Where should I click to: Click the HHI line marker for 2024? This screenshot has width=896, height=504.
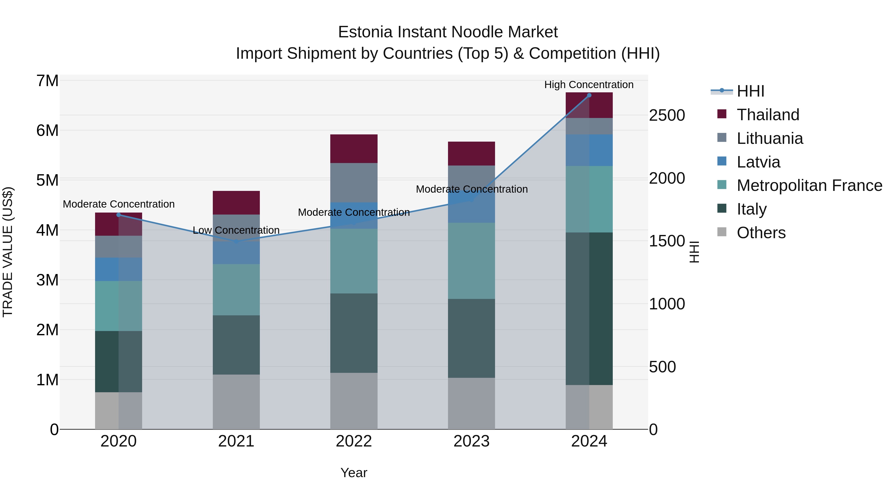tap(589, 95)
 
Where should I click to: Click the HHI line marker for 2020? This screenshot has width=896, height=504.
tap(119, 215)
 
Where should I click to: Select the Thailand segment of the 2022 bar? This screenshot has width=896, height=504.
tap(354, 149)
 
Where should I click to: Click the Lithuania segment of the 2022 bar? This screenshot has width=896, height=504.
tap(354, 183)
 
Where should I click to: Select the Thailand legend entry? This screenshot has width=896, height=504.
tap(768, 115)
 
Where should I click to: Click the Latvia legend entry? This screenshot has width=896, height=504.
tap(758, 162)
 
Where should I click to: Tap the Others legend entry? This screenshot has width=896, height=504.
tap(761, 233)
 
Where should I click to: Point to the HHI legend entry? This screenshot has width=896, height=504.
tap(750, 91)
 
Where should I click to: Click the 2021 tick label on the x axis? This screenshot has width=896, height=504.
tap(236, 441)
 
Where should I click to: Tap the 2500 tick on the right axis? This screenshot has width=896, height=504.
tap(667, 115)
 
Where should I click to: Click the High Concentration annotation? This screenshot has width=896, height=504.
tap(589, 85)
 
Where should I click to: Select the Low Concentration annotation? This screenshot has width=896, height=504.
tap(236, 230)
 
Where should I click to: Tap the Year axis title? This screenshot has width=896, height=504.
tap(354, 473)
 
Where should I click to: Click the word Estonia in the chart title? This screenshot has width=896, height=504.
tap(365, 32)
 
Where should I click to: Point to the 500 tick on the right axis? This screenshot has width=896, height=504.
tap(662, 367)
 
